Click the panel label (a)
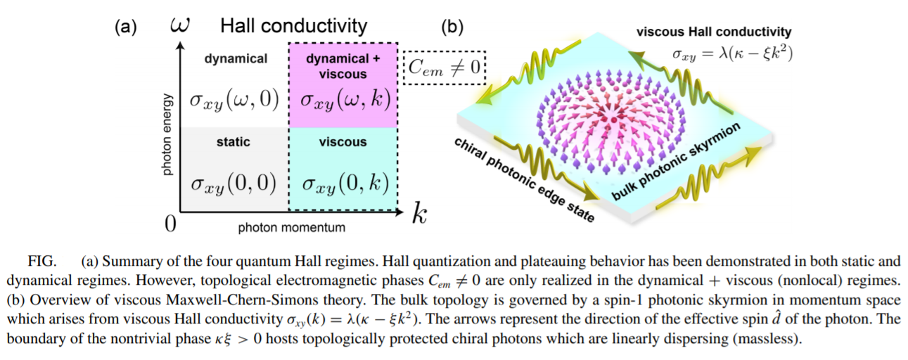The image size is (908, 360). [126, 27]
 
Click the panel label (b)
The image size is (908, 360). [452, 27]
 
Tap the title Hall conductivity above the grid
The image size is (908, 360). [293, 26]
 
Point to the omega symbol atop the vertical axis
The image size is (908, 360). [179, 25]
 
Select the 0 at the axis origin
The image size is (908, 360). [171, 224]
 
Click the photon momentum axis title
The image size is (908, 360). [291, 227]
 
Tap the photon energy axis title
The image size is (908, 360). [167, 134]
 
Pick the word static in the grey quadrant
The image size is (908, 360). [233, 142]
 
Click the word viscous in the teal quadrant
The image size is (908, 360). [343, 142]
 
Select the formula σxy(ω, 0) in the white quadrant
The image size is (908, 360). [235, 100]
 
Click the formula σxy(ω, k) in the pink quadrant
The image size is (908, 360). [345, 100]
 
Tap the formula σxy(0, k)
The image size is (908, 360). [345, 184]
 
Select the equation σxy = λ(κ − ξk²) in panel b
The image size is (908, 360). [732, 54]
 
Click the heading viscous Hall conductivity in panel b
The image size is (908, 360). [714, 32]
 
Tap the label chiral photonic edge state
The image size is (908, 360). [524, 180]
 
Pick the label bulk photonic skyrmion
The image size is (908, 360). [676, 161]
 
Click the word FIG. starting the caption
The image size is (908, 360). [41, 261]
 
